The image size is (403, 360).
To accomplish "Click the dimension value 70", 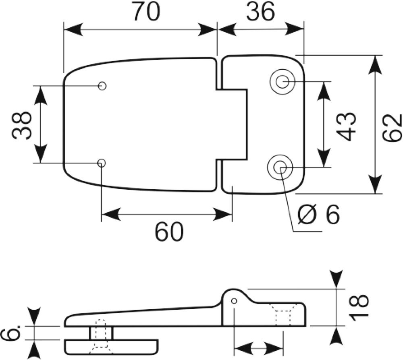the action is [x=147, y=12].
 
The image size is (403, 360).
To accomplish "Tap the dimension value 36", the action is [x=260, y=12].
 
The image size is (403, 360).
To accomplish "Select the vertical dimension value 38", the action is [x=22, y=125].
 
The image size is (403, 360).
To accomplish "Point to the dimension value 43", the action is [x=347, y=126].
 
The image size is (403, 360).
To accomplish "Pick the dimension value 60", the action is [x=169, y=232].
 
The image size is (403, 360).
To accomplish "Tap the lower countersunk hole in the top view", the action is [x=280, y=168].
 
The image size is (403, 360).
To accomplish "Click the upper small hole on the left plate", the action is [x=102, y=86].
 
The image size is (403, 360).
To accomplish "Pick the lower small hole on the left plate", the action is [x=102, y=163].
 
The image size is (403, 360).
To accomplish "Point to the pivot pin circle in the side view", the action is [x=234, y=301].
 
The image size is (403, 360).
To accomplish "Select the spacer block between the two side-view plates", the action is [x=101, y=333].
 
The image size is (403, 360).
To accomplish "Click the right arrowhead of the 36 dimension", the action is [x=295, y=29].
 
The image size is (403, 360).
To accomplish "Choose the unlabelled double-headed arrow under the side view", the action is [x=259, y=349].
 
